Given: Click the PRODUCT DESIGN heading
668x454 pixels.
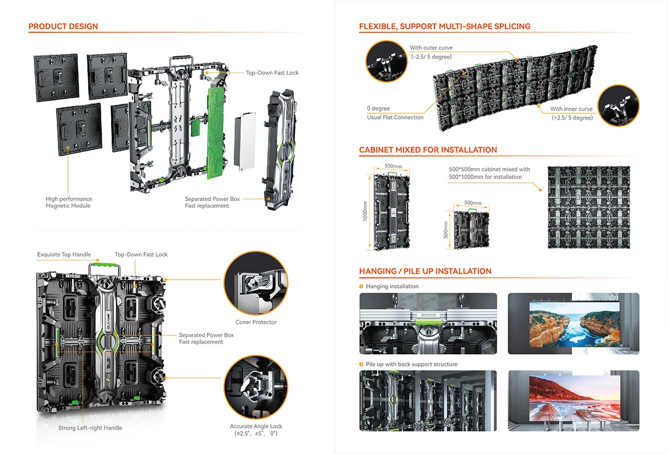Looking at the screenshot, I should point(63,27).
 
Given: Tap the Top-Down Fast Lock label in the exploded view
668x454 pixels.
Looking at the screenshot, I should point(272,73).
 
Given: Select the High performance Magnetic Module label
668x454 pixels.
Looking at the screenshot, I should point(68,202).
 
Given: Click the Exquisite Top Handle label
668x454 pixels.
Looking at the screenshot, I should point(64,255).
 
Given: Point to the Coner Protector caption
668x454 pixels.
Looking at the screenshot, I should point(256,322).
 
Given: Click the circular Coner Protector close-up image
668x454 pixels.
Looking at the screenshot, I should point(256,283).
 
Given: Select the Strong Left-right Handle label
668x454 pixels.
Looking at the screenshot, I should point(90,428).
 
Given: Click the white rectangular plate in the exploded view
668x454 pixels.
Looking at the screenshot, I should point(245,141).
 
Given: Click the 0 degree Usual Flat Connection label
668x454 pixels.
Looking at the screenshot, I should point(395,113).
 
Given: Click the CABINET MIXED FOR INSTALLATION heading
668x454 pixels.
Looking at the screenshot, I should point(428,150).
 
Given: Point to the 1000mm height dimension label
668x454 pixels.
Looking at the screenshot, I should point(365,212).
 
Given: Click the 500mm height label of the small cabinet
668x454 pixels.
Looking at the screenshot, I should point(446,229).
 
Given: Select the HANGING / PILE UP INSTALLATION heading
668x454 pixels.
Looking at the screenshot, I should point(425,271).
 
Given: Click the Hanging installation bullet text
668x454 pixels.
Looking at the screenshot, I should point(392,286).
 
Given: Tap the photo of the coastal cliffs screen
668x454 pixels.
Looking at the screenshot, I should point(573,324).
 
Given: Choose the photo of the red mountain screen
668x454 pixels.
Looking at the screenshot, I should point(573,401).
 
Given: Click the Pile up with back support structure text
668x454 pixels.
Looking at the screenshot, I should point(411,364).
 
